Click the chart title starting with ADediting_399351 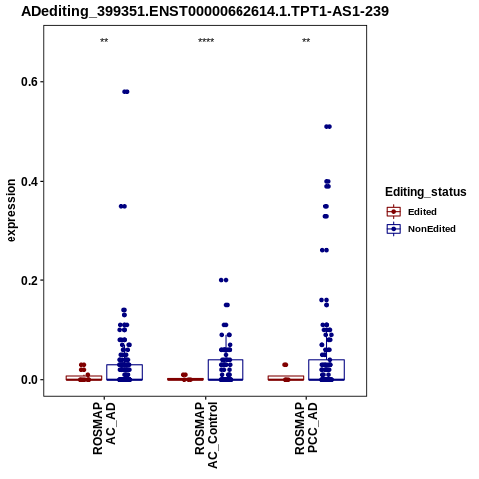205,11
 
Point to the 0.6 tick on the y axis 42,82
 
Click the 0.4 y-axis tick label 28,182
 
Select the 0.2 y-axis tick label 28,280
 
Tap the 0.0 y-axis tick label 28,380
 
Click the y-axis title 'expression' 11,211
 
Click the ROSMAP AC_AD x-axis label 104,428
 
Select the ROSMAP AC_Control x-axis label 206,435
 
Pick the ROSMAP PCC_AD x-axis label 306,428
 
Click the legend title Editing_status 426,192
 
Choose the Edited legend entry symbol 394,212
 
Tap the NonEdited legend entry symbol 394,229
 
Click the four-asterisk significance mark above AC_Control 206,41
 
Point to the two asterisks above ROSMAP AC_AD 104,41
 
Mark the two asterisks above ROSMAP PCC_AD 306,41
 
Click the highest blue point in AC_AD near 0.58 126,92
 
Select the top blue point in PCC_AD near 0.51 328,127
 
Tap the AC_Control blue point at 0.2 224,280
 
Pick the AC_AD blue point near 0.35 123,206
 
